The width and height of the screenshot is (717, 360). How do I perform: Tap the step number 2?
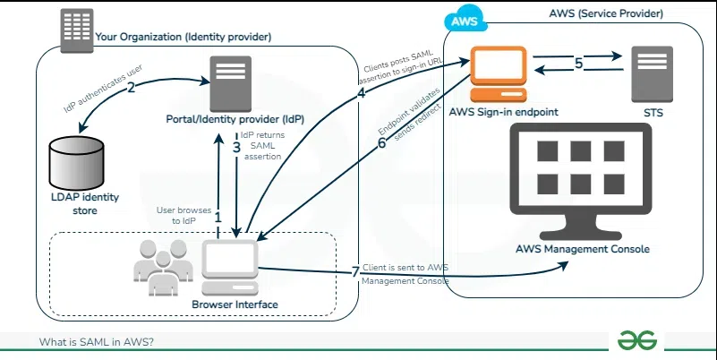131,88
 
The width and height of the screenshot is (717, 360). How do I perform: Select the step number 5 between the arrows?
578,64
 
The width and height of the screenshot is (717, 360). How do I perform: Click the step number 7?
354,270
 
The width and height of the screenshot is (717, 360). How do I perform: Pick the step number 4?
362,94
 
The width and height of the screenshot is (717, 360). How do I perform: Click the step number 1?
218,216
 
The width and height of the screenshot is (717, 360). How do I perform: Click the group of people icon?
162,268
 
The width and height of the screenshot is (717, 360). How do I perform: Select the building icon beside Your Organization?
77,30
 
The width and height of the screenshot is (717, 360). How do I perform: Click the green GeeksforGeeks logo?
636,340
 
